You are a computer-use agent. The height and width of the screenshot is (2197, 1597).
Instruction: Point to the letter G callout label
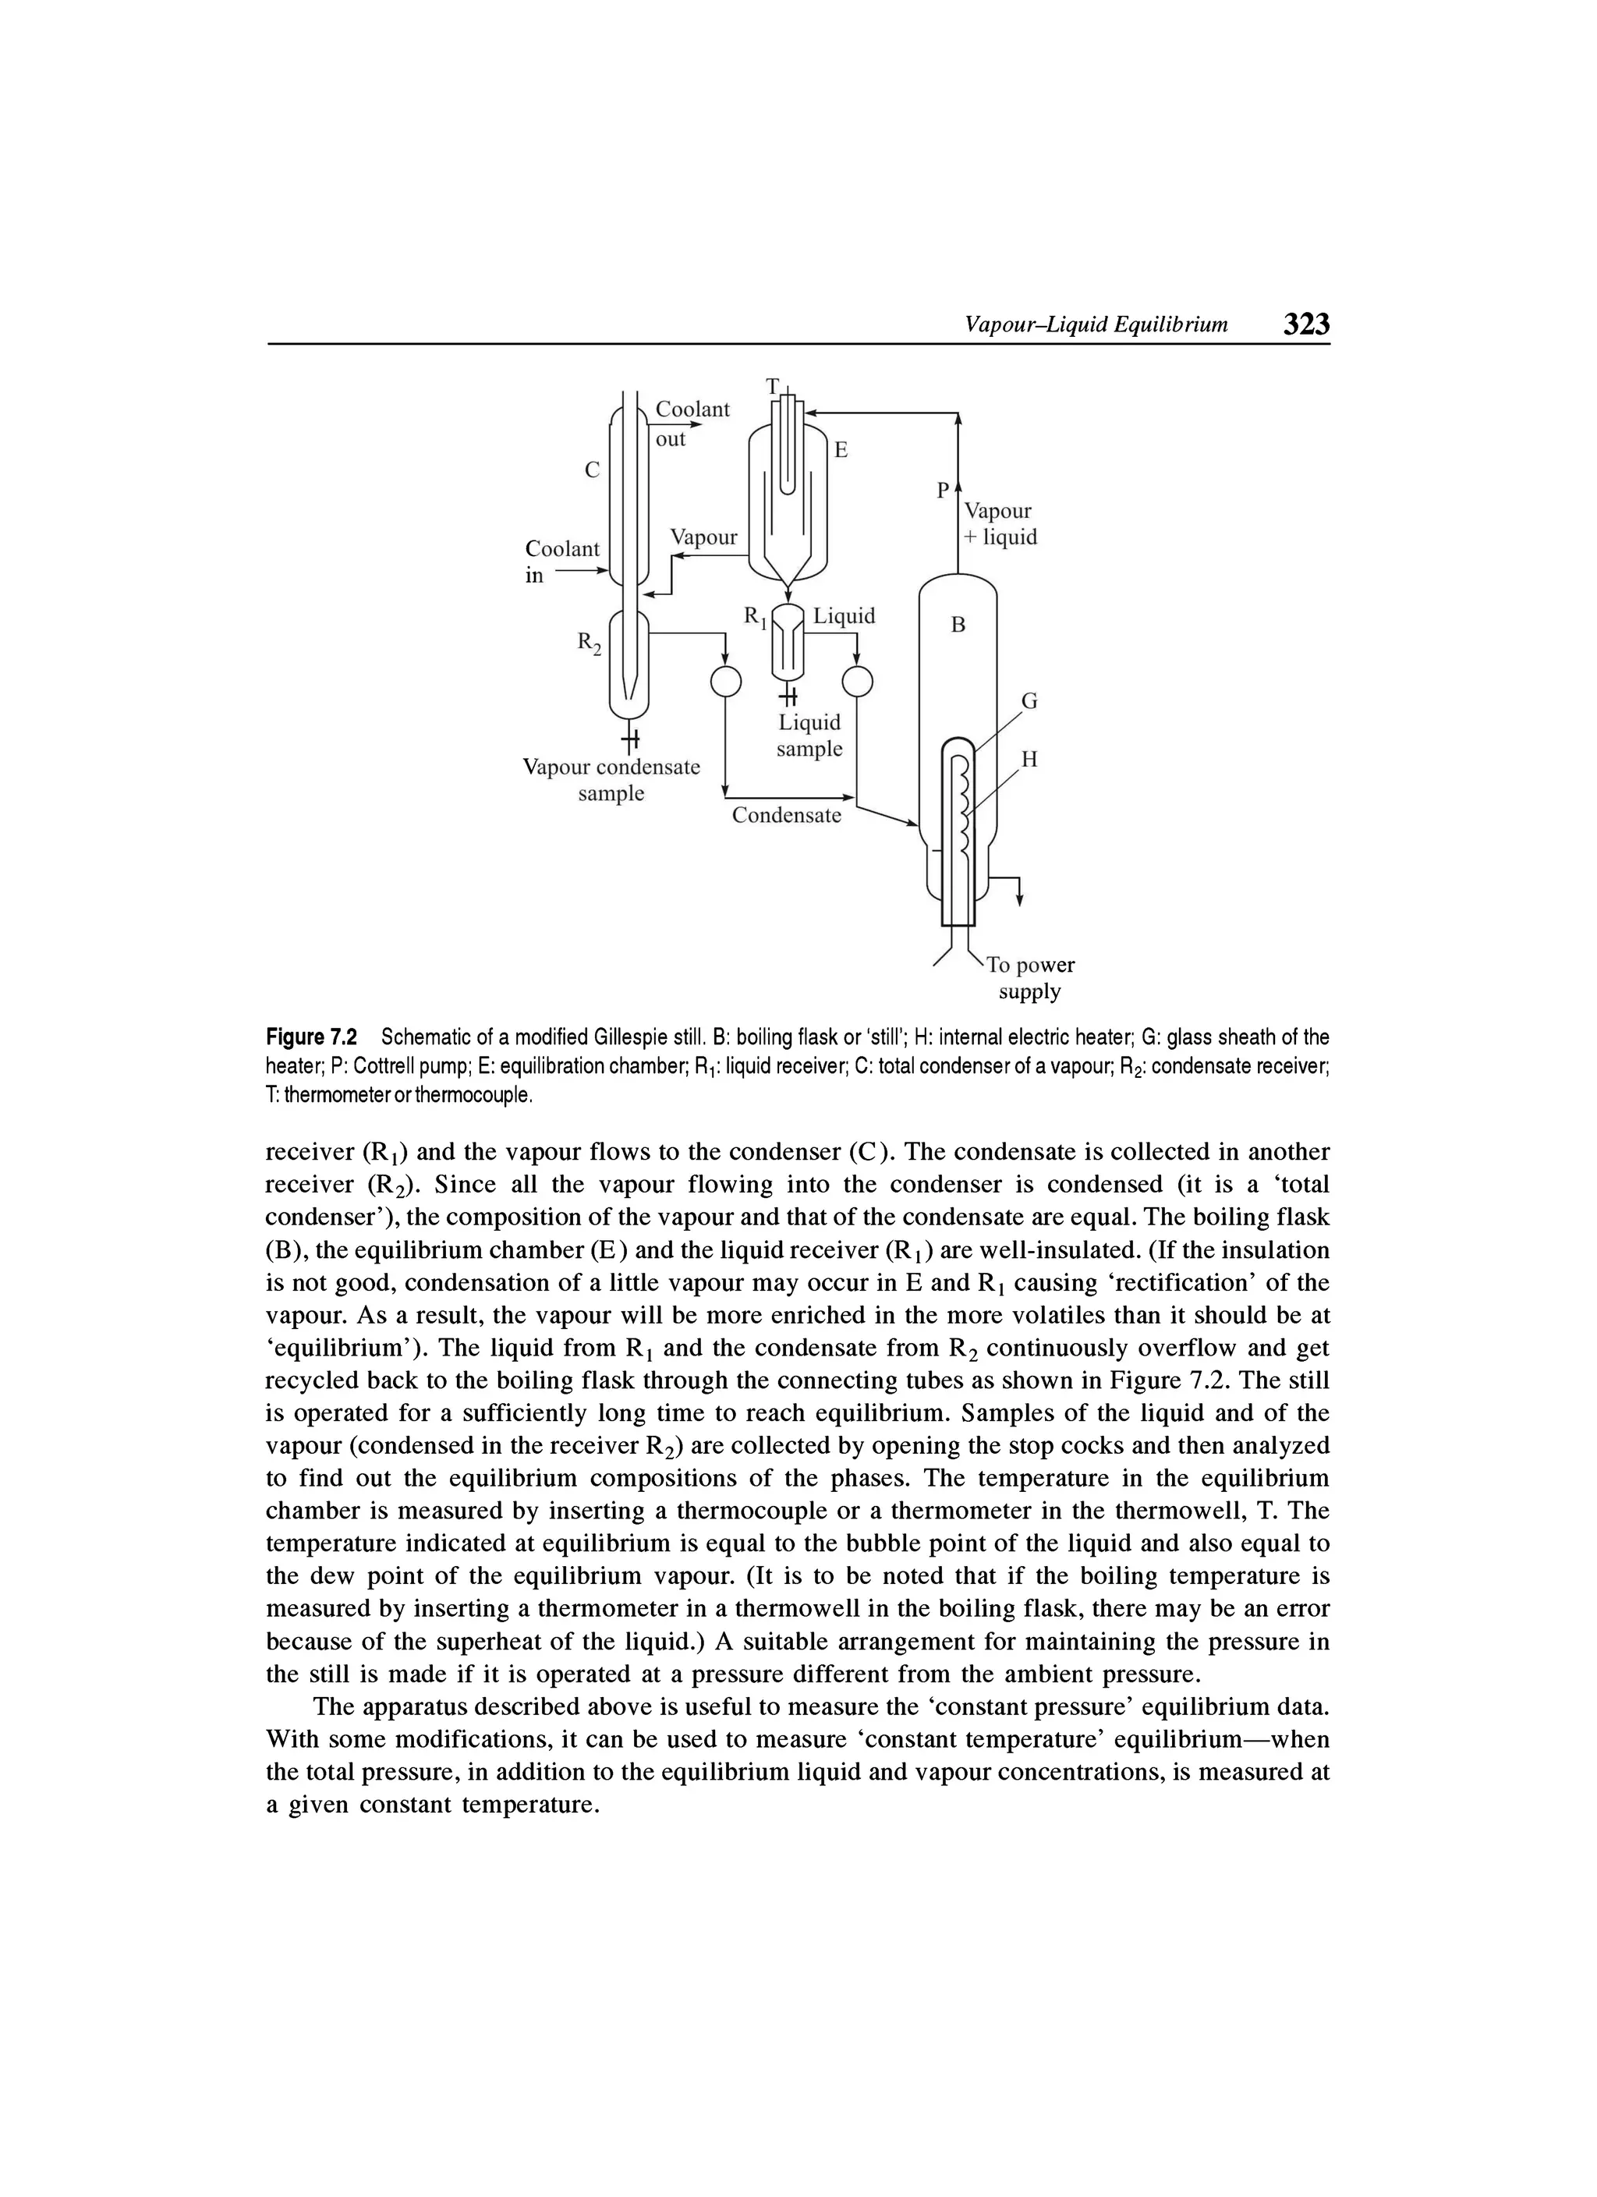coord(1030,700)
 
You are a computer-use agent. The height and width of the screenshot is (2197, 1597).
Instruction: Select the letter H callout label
coord(1030,760)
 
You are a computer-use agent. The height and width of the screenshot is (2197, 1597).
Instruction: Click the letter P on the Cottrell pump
coord(942,491)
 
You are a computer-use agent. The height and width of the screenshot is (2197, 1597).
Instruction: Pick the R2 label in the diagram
coord(589,643)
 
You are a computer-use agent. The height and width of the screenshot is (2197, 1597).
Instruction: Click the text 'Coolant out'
coord(692,423)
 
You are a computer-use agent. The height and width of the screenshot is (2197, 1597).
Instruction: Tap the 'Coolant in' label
coord(561,562)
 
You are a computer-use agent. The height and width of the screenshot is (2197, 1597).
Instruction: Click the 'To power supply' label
coord(1030,978)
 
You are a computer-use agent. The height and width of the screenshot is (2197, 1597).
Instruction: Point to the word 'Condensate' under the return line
coord(786,816)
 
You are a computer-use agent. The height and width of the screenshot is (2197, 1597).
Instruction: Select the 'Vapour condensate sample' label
coord(611,780)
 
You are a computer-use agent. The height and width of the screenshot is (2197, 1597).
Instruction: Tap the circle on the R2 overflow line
coord(725,682)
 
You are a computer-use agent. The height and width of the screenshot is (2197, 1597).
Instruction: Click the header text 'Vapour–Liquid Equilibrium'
coord(1096,324)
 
